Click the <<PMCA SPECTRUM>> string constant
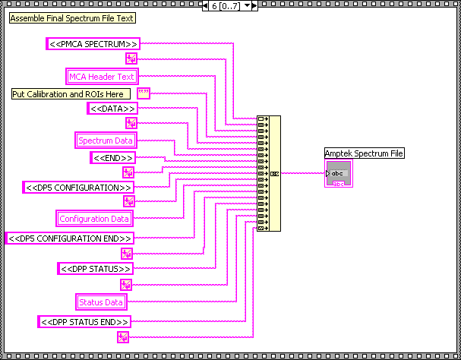tap(93, 44)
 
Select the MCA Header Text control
tap(101, 76)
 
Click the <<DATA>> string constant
tap(112, 109)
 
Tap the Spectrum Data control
tap(106, 141)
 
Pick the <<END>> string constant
tap(113, 158)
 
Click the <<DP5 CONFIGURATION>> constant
tap(79, 187)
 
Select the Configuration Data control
tap(95, 219)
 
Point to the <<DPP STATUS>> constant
tap(96, 269)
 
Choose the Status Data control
tap(101, 302)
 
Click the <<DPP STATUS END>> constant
tap(84, 322)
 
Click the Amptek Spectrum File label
tap(364, 153)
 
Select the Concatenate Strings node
tap(268, 173)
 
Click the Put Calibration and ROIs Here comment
tap(71, 93)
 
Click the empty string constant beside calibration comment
tap(144, 93)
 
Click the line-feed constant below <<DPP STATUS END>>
tap(122, 337)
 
